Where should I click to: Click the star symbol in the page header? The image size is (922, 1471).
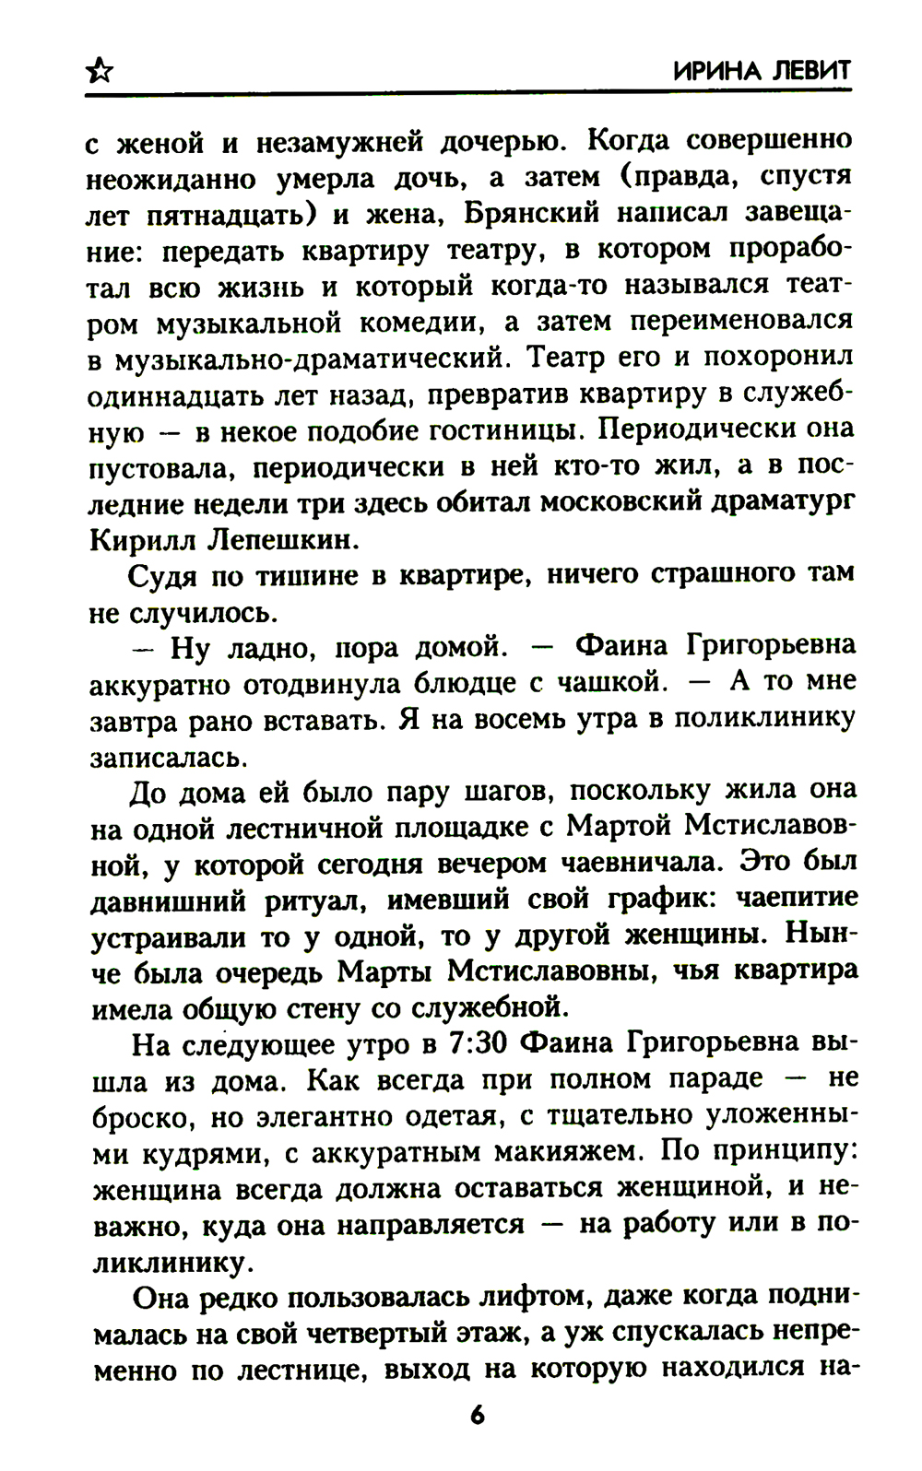coord(99,71)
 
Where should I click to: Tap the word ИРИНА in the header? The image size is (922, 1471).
coord(713,71)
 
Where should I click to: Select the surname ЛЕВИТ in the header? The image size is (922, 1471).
coord(809,71)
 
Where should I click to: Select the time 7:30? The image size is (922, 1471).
coord(474,1043)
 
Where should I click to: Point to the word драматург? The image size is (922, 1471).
coord(777,501)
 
